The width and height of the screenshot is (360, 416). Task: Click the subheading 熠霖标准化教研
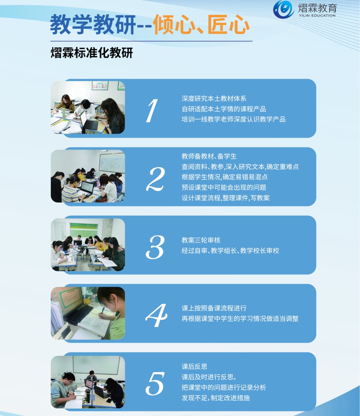point(92,53)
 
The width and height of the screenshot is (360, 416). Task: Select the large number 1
point(152,111)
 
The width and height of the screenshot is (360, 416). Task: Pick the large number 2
point(156,179)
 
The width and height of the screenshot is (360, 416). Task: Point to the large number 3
point(155,247)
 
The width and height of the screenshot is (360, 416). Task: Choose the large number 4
point(156,315)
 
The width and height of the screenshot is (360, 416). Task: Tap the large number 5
point(155,383)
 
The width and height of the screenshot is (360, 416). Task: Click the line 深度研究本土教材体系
point(214,99)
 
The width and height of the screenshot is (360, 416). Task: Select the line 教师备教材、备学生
point(209,156)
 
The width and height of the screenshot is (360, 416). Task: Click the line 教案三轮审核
point(201,240)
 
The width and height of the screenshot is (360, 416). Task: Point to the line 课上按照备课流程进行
point(214,308)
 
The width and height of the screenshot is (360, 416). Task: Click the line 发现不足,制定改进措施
point(216,398)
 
